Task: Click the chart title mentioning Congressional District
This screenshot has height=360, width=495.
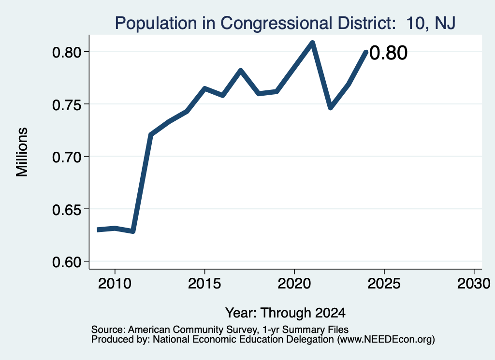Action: point(285,23)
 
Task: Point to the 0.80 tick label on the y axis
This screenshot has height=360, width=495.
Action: point(66,52)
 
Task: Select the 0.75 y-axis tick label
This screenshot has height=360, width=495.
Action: point(66,105)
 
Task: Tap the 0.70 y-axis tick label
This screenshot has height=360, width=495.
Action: point(66,157)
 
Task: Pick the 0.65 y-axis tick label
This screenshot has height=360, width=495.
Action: point(66,210)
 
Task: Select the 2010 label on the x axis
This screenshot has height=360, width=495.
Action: point(115,284)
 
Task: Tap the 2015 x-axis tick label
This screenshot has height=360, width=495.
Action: point(204,284)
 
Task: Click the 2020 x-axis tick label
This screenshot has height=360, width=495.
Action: point(294,284)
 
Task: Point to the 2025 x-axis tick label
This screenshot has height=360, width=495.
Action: point(384,284)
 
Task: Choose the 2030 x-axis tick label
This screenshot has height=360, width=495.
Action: point(474,284)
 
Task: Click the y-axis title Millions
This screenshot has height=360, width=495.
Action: point(22,152)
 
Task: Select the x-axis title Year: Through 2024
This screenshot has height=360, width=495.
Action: point(285,313)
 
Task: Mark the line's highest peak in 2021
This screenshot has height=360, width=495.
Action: point(312,43)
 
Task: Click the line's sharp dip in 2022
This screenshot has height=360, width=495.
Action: point(330,108)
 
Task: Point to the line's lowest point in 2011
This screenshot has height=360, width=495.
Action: point(133,231)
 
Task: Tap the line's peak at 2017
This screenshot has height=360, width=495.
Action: point(241,70)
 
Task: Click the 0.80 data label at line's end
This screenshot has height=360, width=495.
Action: point(388,53)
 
